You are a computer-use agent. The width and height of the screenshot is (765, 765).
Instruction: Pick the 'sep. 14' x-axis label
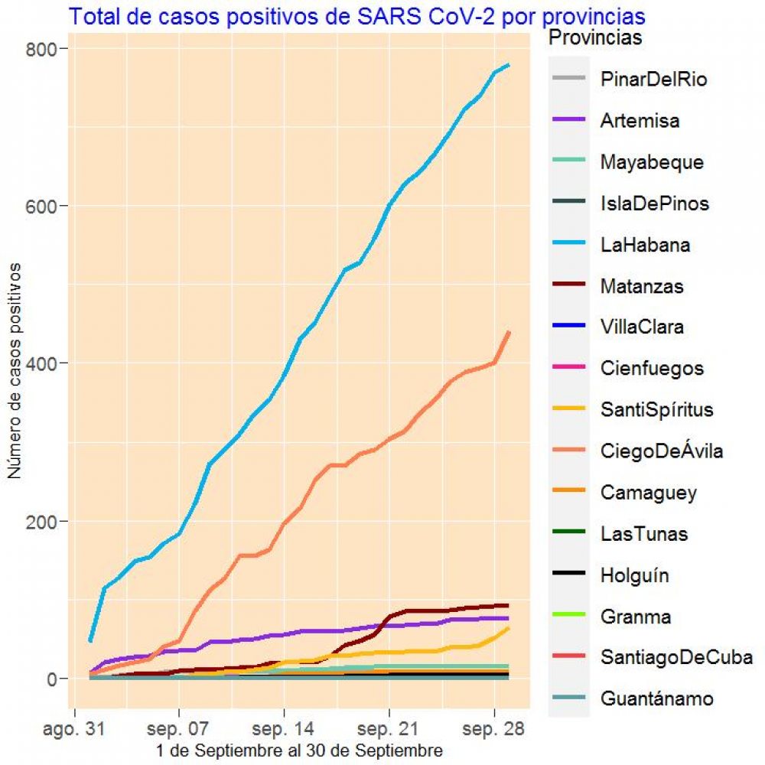[284, 730]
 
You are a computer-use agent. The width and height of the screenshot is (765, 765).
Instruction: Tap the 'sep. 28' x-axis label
[495, 730]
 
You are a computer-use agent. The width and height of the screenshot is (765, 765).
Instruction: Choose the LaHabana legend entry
[646, 245]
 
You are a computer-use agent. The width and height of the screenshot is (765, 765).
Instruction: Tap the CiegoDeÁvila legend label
[662, 451]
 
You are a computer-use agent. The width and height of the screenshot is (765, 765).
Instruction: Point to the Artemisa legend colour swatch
[569, 121]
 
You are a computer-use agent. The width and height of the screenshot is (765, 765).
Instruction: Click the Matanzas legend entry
[643, 286]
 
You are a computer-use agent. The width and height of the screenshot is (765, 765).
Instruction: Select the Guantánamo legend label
[657, 698]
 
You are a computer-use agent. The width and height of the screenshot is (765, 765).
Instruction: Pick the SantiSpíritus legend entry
[657, 410]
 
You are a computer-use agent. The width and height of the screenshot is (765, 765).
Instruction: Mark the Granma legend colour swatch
[569, 617]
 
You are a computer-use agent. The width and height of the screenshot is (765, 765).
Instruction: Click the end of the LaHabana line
[509, 65]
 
